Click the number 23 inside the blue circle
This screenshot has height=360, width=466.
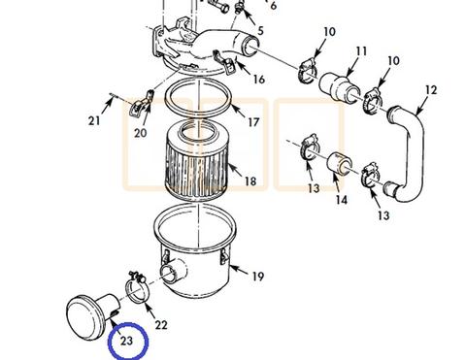[126, 341]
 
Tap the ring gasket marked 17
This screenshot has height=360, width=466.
[198, 97]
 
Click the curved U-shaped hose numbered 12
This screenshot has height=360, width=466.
[409, 152]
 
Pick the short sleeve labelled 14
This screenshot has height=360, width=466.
[340, 163]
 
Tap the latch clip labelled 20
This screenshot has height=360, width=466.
[141, 104]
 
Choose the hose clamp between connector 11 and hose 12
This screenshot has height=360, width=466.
[373, 101]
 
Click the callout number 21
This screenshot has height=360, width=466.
[94, 121]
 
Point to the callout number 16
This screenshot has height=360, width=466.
[259, 80]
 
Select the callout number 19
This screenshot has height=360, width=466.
[258, 277]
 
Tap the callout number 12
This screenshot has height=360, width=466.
[431, 90]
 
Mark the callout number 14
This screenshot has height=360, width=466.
[341, 200]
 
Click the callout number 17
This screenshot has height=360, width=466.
[253, 122]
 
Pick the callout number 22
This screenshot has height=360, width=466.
[161, 325]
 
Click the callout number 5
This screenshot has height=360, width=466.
[260, 31]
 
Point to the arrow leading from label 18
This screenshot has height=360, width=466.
[235, 171]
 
